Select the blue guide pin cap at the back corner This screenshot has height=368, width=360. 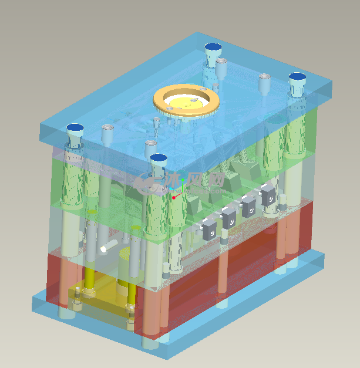213,47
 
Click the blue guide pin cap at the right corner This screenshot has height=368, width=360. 297,77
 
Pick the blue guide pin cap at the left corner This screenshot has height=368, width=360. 75,127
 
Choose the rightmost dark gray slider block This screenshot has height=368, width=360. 268,195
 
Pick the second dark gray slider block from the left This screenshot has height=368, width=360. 229,218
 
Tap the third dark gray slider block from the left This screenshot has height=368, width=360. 249,205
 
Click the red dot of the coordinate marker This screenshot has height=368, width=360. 174,198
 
